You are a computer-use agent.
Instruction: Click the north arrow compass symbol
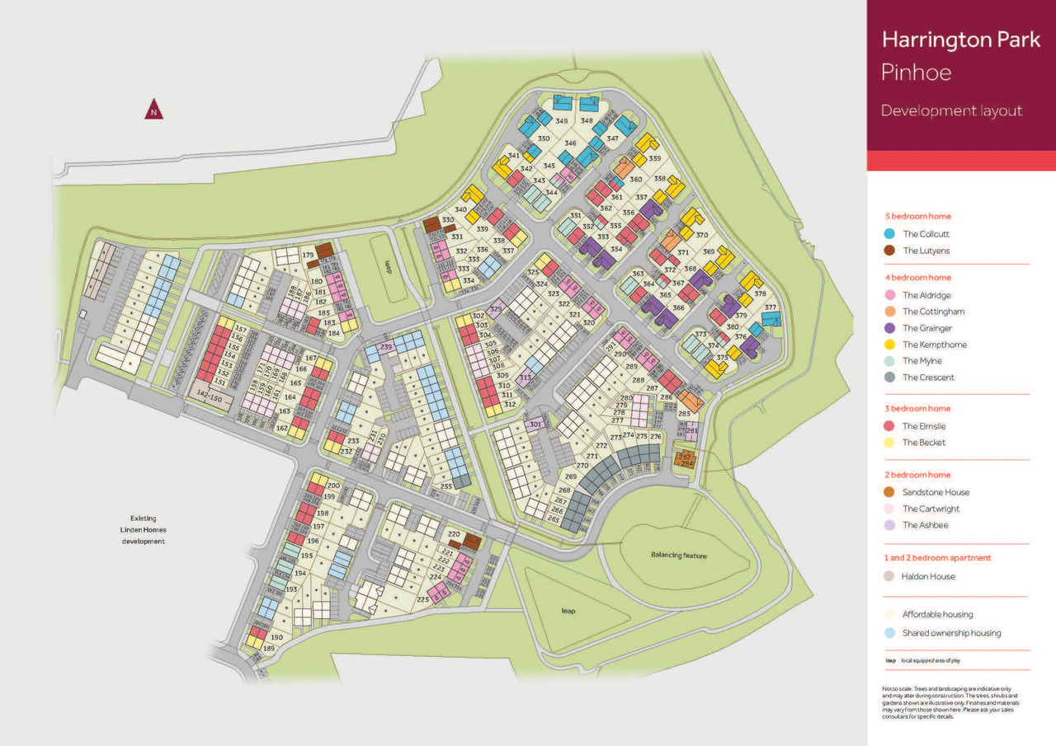click(x=153, y=110)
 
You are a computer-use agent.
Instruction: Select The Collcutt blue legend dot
click(x=889, y=234)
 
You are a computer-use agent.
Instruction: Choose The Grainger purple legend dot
click(x=889, y=328)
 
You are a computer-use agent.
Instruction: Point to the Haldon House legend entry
click(x=928, y=576)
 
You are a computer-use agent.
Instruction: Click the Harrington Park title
click(x=960, y=40)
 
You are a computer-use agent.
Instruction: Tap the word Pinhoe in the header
click(x=916, y=73)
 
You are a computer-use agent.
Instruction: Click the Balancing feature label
click(x=678, y=556)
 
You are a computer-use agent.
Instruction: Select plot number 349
click(x=561, y=121)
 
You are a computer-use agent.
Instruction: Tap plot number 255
click(x=446, y=486)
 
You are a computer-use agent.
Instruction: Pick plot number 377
click(x=771, y=307)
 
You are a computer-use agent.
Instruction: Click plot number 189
click(x=268, y=649)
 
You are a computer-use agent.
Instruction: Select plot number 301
click(x=535, y=425)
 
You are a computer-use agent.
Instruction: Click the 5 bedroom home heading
click(x=916, y=216)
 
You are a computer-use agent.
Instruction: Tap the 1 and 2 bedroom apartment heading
click(x=936, y=558)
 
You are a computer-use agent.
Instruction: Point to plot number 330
click(x=447, y=220)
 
